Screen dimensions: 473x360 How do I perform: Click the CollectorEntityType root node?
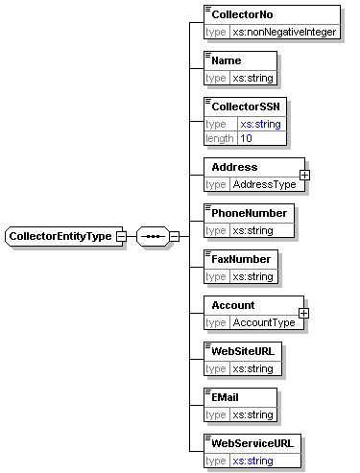pyautogui.click(x=60, y=236)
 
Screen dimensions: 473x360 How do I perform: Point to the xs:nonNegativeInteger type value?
pyautogui.click(x=284, y=32)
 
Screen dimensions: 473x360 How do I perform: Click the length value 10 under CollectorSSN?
pyautogui.click(x=247, y=138)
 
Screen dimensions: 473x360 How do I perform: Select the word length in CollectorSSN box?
pyautogui.click(x=220, y=138)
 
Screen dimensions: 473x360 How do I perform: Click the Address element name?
pyautogui.click(x=235, y=167)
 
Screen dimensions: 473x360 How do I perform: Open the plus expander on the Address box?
pyautogui.click(x=304, y=175)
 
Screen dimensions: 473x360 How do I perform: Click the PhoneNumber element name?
pyautogui.click(x=248, y=213)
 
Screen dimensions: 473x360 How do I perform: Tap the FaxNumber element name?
pyautogui.click(x=241, y=259)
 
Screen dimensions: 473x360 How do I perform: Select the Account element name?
pyautogui.click(x=234, y=305)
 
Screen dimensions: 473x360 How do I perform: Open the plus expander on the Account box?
pyautogui.click(x=304, y=313)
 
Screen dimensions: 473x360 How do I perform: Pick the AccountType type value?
pyautogui.click(x=264, y=322)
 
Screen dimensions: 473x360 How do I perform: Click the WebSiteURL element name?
pyautogui.click(x=243, y=351)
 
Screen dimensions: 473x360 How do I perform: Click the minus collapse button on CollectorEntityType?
pyautogui.click(x=121, y=236)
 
